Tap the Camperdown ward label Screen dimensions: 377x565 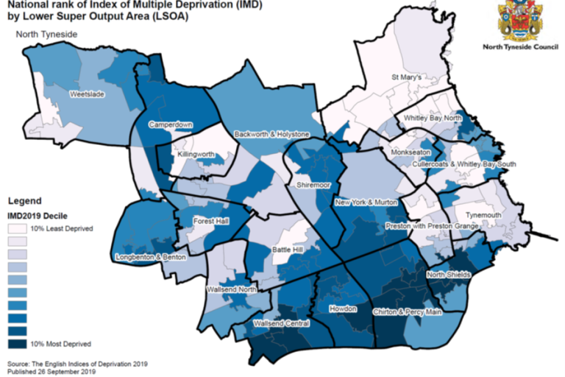click(x=170, y=125)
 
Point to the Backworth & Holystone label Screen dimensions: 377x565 click(x=272, y=135)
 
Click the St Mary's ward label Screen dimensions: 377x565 click(x=405, y=77)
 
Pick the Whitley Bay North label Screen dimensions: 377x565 click(x=433, y=118)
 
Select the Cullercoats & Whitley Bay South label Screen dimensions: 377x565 click(x=463, y=164)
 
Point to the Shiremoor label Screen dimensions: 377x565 click(x=313, y=185)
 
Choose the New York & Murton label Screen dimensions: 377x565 click(x=366, y=202)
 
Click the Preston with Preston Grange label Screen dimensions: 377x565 click(x=433, y=226)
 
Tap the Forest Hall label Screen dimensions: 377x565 click(x=211, y=222)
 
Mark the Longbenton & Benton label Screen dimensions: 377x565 click(x=152, y=257)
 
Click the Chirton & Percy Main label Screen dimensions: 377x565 click(x=406, y=312)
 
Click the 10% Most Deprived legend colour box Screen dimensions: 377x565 click(x=18, y=343)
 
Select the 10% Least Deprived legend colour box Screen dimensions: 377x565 click(x=18, y=229)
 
